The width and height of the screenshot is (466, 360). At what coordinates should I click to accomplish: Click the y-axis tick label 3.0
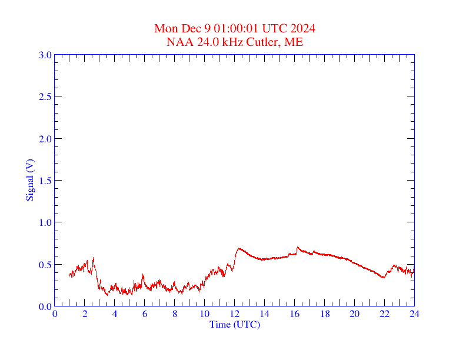point(45,55)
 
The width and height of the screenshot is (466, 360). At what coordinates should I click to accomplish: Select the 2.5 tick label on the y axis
point(45,96)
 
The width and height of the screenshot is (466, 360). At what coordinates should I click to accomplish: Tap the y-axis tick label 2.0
point(45,139)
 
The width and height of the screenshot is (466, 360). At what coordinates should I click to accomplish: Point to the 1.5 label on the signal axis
point(45,181)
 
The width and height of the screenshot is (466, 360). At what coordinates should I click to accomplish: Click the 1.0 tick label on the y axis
point(45,222)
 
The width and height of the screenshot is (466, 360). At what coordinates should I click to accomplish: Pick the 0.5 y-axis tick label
point(45,265)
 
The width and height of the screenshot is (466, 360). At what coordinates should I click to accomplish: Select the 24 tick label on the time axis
point(414,314)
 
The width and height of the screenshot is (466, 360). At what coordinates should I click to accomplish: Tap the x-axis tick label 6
point(145,314)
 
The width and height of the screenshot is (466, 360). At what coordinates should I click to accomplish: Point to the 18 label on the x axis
point(324,314)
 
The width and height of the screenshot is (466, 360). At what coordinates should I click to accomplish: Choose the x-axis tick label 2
point(85,314)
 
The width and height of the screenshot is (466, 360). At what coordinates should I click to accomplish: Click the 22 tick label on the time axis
point(384,314)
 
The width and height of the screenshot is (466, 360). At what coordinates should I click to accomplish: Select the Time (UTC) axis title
point(235,324)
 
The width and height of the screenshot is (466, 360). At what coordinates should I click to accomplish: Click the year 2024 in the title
point(302,29)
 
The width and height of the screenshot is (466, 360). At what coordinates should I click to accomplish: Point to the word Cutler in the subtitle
point(267,42)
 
